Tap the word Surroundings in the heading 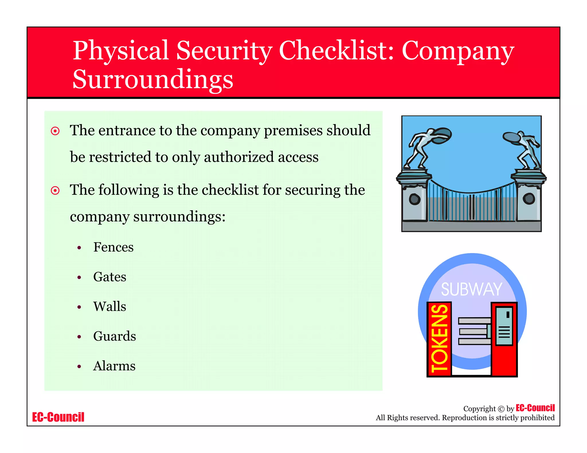point(153,79)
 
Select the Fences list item point(113,247)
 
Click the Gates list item point(109,277)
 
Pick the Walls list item point(109,306)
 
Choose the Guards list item point(114,336)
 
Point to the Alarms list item point(114,366)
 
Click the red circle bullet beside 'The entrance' point(55,131)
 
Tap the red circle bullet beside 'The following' point(55,190)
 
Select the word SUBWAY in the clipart point(471,289)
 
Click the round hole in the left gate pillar point(414,199)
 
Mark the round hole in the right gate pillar point(529,198)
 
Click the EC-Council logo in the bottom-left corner point(58,417)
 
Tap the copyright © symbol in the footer point(501,409)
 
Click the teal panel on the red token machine point(504,326)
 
